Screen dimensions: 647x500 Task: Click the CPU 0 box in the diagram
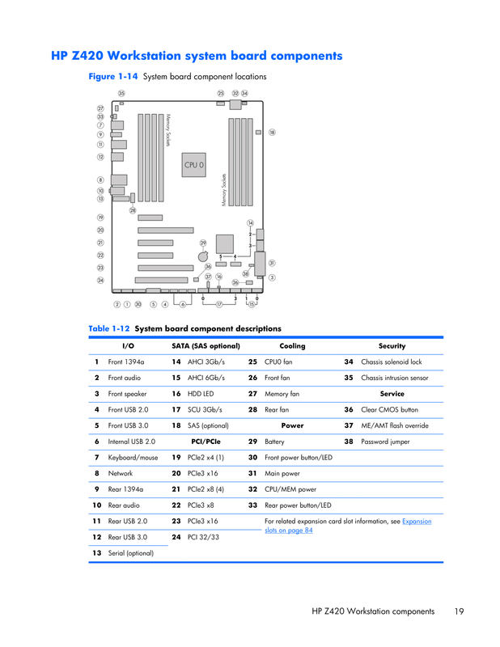(x=193, y=165)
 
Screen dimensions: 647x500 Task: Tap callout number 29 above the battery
(x=203, y=243)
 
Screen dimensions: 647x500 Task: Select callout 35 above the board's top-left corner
(x=121, y=93)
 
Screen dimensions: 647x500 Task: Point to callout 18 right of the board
(x=272, y=133)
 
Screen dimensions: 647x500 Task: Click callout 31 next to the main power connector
(x=272, y=263)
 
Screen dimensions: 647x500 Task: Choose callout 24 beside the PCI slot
(x=100, y=281)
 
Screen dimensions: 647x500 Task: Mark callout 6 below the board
(x=183, y=305)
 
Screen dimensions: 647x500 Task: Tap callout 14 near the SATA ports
(x=250, y=223)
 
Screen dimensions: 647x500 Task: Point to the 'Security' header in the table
(x=392, y=346)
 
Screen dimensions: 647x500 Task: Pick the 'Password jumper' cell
(x=385, y=442)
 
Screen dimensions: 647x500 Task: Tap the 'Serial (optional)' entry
(x=131, y=553)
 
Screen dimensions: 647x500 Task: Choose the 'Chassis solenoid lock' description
(x=391, y=362)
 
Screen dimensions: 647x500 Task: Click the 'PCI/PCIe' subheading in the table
(x=206, y=442)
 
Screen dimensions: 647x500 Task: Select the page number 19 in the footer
(x=459, y=611)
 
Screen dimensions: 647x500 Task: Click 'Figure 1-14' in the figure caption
(x=112, y=77)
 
